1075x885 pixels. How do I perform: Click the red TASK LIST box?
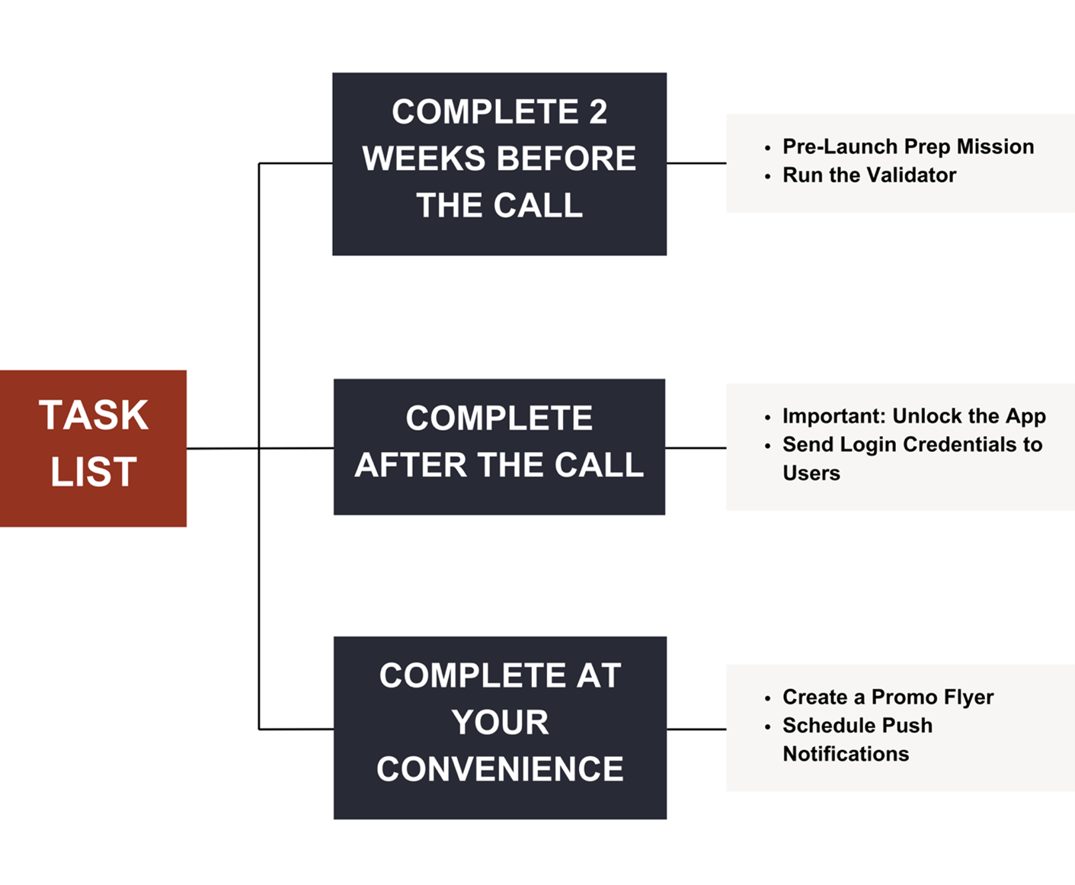coord(93,447)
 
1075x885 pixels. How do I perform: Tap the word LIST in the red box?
coord(93,472)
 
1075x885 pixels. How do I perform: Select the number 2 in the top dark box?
coord(597,112)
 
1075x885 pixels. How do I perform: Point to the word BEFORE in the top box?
coord(567,159)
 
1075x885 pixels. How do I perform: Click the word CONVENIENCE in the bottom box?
coord(500,768)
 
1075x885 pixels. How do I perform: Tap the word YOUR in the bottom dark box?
coord(500,722)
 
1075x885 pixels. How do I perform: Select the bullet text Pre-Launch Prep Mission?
coord(907,146)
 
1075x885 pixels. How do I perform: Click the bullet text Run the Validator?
coord(869,175)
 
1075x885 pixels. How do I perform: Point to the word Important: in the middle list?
coord(833,416)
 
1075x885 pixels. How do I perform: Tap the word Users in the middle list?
coord(811,473)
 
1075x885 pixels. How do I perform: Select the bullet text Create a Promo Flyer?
coord(888,697)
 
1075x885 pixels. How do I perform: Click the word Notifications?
coord(846,754)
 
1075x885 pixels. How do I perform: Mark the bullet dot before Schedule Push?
coord(767,726)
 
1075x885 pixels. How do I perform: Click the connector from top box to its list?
coord(696,163)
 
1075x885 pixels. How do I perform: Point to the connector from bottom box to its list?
coord(696,729)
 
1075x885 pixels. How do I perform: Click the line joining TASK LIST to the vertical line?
coord(222,448)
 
